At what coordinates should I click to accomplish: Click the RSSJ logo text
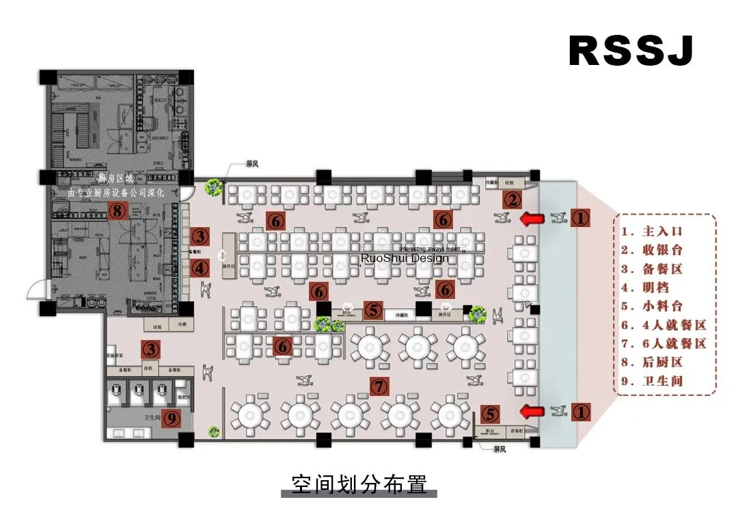pyautogui.click(x=631, y=50)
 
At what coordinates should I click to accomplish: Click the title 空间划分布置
pyautogui.click(x=359, y=484)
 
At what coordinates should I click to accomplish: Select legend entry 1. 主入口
pyautogui.click(x=652, y=232)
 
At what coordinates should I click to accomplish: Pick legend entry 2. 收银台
pyautogui.click(x=652, y=250)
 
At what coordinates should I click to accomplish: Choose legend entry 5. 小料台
pyautogui.click(x=652, y=306)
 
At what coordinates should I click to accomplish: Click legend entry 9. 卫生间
pyautogui.click(x=652, y=381)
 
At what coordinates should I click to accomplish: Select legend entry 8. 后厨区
pyautogui.click(x=652, y=362)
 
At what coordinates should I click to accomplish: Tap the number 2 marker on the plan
pyautogui.click(x=512, y=200)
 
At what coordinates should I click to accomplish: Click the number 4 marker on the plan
pyautogui.click(x=200, y=269)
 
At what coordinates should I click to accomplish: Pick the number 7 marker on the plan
pyautogui.click(x=379, y=386)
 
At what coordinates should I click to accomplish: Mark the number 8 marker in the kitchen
pyautogui.click(x=118, y=210)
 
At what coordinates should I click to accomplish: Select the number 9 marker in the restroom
pyautogui.click(x=171, y=417)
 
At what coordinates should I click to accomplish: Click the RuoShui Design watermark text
pyautogui.click(x=405, y=258)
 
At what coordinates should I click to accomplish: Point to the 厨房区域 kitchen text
pyautogui.click(x=115, y=179)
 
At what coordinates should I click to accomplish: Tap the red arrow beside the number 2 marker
pyautogui.click(x=533, y=219)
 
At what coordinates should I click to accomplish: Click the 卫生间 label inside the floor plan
pyautogui.click(x=152, y=417)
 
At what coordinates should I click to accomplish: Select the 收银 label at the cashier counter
pyautogui.click(x=509, y=183)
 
